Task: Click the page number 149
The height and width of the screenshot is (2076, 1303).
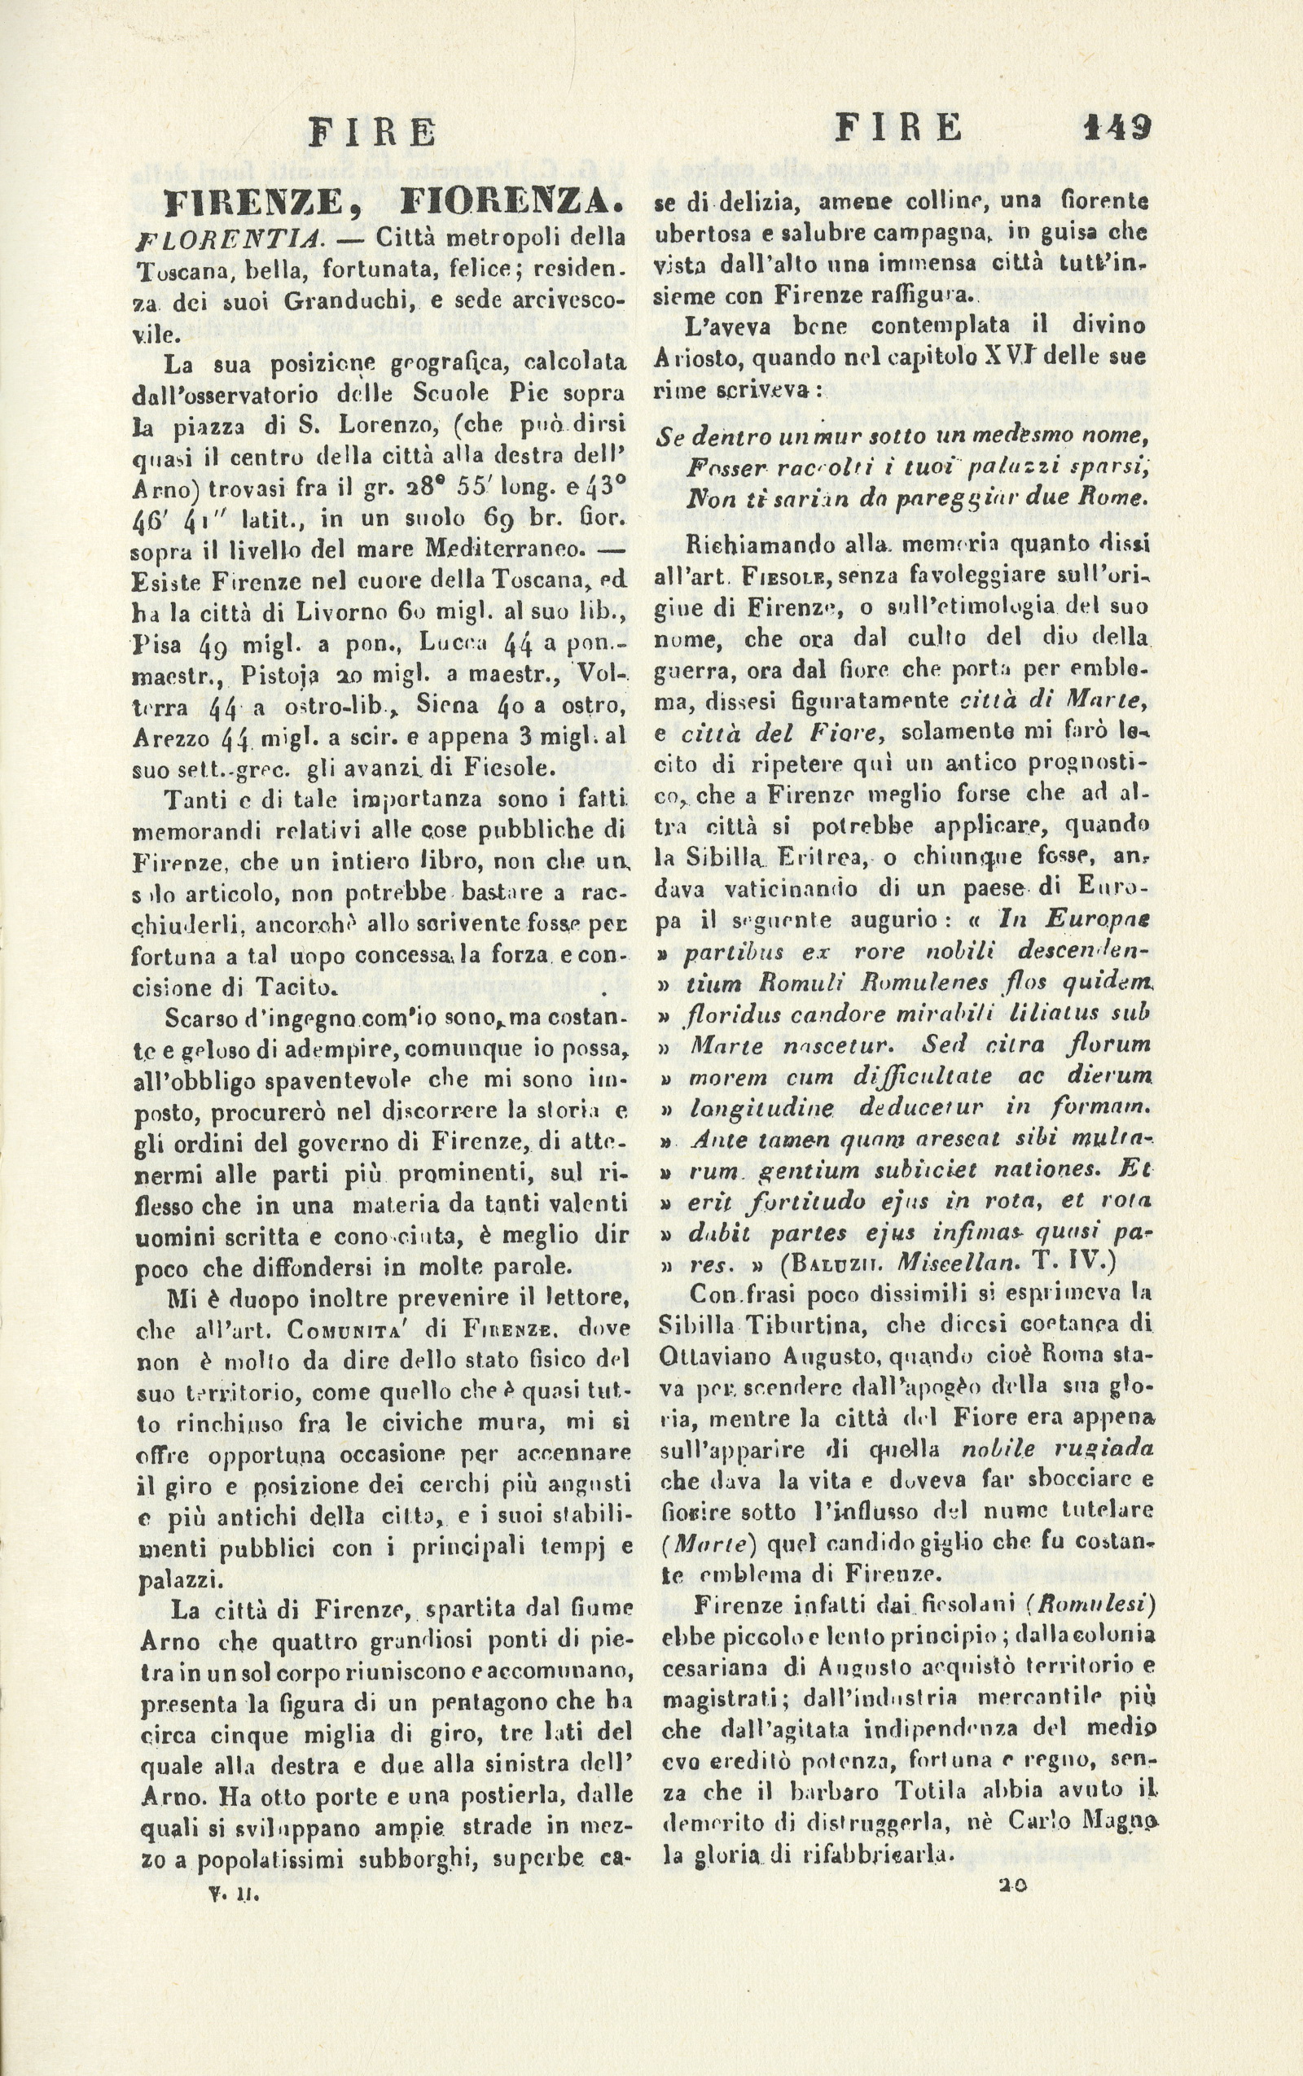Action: (1116, 129)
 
